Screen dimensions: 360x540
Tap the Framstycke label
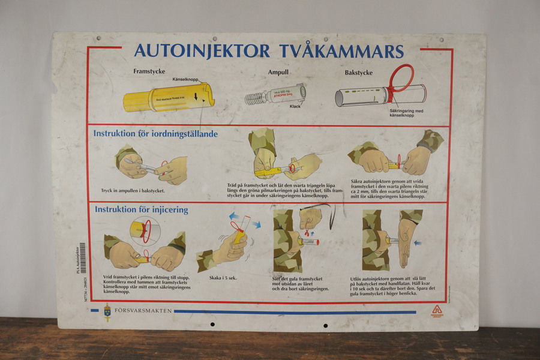coord(149,71)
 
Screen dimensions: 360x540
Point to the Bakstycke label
coord(358,73)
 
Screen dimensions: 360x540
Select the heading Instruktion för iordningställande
coord(155,133)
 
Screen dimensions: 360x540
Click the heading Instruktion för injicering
coord(140,209)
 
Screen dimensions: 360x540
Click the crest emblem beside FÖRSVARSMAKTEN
coord(107,312)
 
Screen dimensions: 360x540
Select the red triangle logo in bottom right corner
coord(436,310)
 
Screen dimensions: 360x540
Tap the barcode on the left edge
coord(82,258)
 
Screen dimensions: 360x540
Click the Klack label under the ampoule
coord(295,106)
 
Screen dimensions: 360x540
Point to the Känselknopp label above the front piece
coord(186,79)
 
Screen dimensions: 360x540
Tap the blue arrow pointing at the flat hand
coord(418,243)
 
